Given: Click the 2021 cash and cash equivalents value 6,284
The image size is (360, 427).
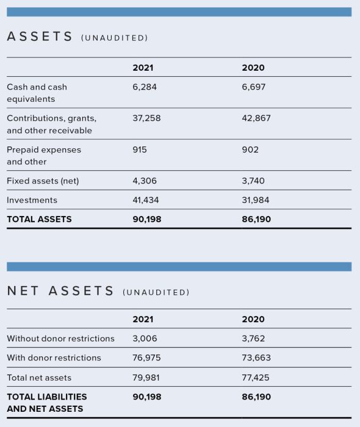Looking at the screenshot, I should pos(145,87).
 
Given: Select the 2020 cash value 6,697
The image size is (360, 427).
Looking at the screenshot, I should pos(254,87).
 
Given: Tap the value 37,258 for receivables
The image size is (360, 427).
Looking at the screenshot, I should pos(146,118).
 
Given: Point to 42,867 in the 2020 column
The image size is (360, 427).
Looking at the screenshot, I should pos(256,118).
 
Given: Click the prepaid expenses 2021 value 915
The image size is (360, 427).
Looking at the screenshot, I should pos(140,149).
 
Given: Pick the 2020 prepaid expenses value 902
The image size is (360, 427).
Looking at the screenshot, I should pos(250,149).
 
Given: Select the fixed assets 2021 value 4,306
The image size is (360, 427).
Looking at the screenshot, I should pos(145,181).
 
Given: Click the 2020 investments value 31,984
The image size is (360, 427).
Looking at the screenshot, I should pos(256,200).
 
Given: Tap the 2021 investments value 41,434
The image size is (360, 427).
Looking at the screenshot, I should pos(146,200).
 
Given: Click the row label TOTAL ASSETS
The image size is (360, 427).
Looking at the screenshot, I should pos(39,219).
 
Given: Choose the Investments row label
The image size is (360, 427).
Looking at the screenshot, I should pos(32,200).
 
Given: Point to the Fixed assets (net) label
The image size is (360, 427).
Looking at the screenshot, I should pos(43,181).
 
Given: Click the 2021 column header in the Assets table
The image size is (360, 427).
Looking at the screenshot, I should pos(143,68).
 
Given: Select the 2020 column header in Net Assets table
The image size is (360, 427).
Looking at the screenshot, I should pos(253,319).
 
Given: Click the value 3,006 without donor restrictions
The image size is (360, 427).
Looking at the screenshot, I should pos(145,339).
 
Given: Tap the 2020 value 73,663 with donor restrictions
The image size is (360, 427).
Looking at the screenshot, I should pos(256,358).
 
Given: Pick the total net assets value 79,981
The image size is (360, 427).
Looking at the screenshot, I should pos(146,378).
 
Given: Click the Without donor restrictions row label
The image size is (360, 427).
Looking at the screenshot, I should pos(60,339).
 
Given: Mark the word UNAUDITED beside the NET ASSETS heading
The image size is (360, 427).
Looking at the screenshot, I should pos(156,292).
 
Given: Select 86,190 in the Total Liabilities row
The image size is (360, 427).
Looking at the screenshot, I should pos(256,396).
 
